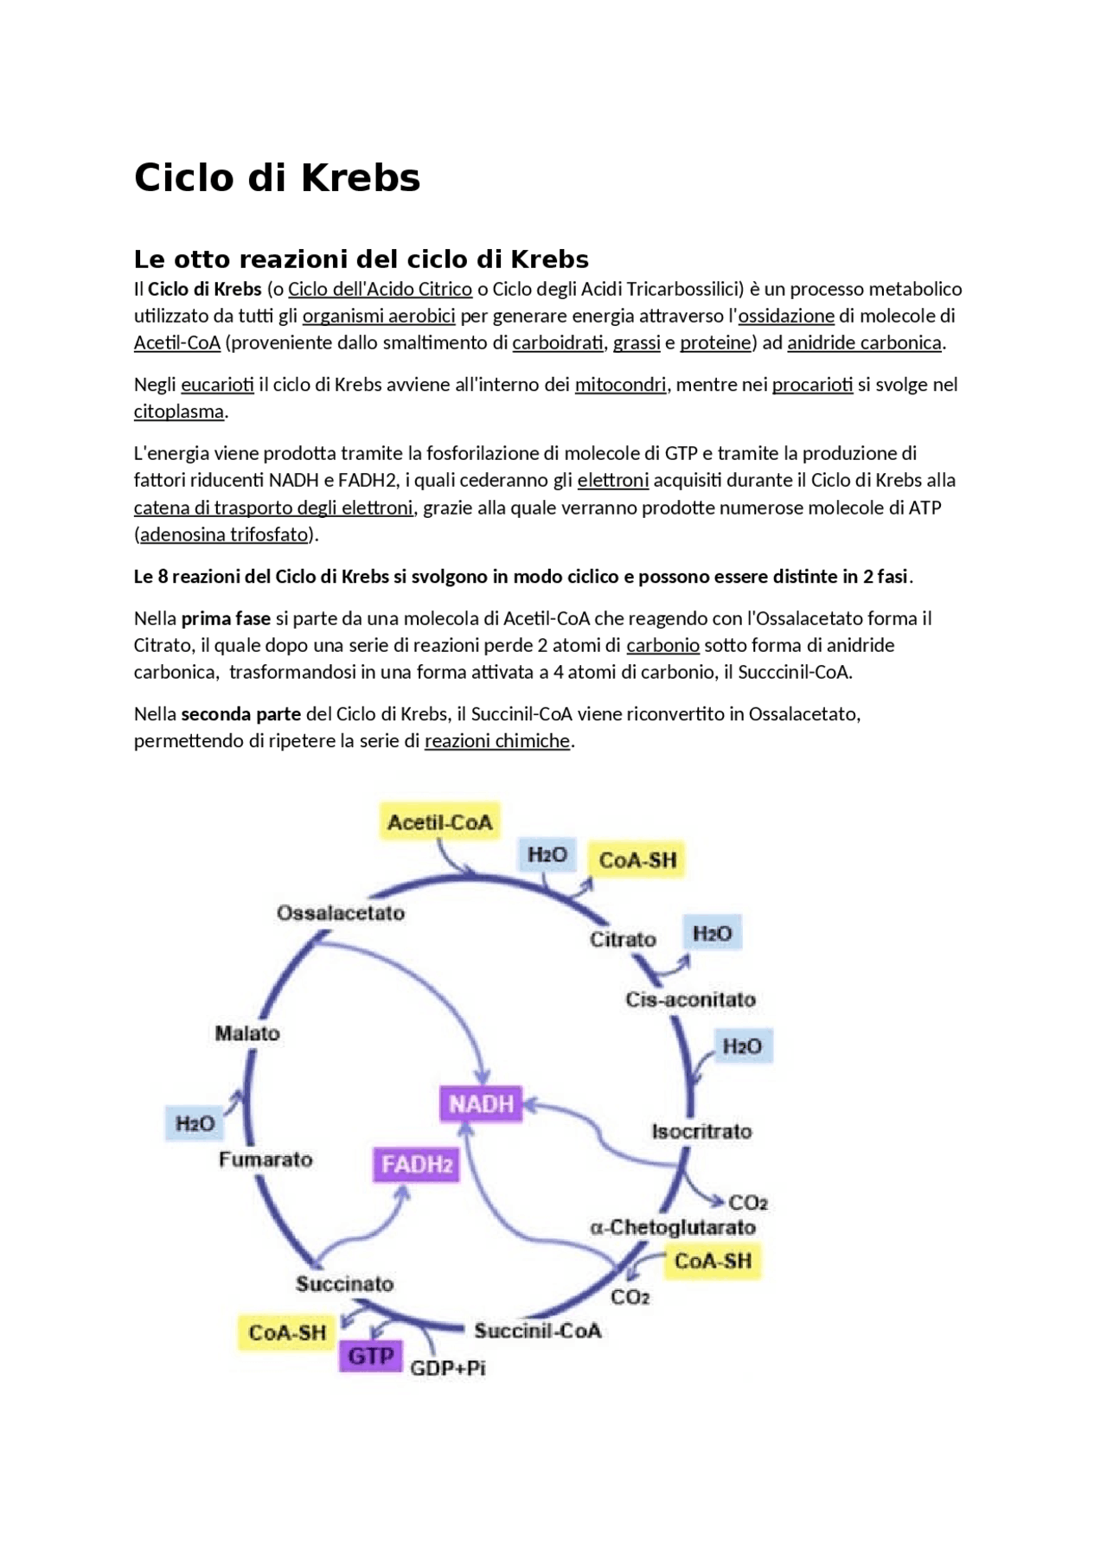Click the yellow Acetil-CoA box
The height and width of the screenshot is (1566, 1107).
click(439, 821)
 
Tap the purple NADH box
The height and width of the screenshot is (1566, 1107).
click(481, 1103)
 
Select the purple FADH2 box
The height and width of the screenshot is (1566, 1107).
click(417, 1165)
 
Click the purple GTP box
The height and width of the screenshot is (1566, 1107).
click(371, 1356)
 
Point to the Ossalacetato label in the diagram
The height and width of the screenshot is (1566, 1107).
click(341, 913)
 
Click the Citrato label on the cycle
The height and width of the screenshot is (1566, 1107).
click(623, 939)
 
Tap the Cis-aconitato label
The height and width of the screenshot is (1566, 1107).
click(690, 1000)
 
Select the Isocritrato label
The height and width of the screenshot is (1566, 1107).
click(701, 1131)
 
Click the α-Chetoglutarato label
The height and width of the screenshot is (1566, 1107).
click(672, 1227)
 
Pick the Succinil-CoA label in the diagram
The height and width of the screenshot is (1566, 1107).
click(537, 1331)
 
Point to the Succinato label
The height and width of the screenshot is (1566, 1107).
click(344, 1284)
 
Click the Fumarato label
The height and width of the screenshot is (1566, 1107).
click(266, 1160)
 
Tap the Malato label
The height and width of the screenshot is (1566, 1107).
click(247, 1033)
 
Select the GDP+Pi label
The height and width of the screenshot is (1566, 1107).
click(447, 1368)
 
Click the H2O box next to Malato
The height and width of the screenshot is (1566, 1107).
click(195, 1123)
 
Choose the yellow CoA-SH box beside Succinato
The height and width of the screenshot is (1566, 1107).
click(287, 1333)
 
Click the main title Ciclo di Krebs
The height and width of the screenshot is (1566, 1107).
click(277, 178)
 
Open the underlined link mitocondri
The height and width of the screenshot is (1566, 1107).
click(620, 385)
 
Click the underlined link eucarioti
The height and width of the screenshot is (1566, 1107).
click(217, 385)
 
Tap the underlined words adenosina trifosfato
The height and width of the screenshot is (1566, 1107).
click(224, 534)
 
